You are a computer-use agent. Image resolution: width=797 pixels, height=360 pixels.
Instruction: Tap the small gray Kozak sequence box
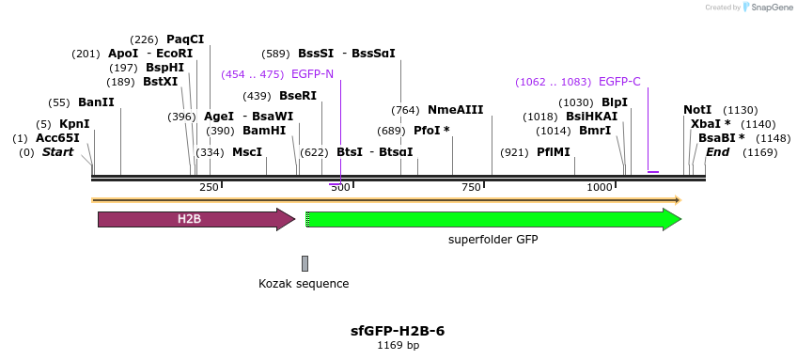tap(305, 263)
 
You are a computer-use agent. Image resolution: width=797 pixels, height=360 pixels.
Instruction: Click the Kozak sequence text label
tap(304, 283)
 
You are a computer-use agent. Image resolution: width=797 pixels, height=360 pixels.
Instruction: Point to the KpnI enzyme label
tap(74, 124)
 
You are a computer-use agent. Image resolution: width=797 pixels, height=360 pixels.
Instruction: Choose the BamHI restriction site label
tap(264, 131)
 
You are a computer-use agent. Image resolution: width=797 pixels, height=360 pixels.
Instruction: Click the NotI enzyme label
tap(697, 110)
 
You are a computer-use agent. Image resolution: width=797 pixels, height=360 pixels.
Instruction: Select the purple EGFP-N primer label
tap(312, 74)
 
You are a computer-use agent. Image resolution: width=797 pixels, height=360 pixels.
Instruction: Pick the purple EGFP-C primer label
tap(619, 82)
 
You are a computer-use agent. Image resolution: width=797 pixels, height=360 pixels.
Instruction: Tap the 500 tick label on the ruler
tap(340, 187)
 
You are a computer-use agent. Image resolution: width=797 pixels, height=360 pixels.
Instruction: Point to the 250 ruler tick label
tap(209, 187)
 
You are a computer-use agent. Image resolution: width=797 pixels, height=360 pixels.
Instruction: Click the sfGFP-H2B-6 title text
tap(398, 331)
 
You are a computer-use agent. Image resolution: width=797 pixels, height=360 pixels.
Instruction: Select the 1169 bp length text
tap(398, 345)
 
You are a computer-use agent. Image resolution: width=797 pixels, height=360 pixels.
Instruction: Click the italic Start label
tap(57, 152)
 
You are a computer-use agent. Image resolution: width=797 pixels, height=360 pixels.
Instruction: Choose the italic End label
tap(717, 152)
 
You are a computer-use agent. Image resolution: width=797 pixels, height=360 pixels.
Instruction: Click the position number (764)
tap(405, 110)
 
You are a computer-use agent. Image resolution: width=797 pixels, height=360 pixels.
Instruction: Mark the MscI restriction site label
tap(247, 152)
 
